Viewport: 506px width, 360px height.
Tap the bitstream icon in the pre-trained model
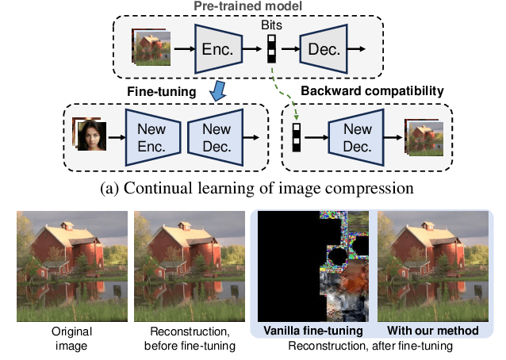click(x=272, y=49)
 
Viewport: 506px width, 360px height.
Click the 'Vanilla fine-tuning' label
click(x=313, y=329)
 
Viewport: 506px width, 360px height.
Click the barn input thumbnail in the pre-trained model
click(x=151, y=48)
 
